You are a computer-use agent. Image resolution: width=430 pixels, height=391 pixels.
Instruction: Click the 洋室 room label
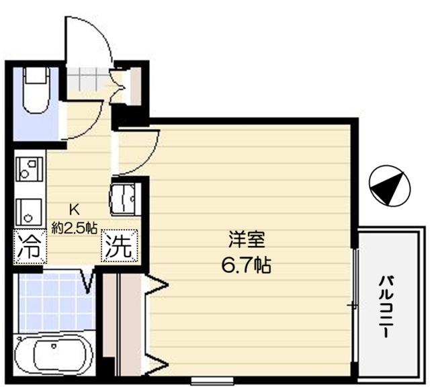tap(245, 240)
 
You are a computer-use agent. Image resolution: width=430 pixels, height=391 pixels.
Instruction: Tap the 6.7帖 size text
tap(245, 266)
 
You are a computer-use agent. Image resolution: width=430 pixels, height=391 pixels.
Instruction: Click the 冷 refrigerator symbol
tap(29, 246)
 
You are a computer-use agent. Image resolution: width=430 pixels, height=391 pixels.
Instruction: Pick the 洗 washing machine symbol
tap(120, 246)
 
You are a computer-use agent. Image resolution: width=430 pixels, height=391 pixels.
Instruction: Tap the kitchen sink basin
tap(28, 209)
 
